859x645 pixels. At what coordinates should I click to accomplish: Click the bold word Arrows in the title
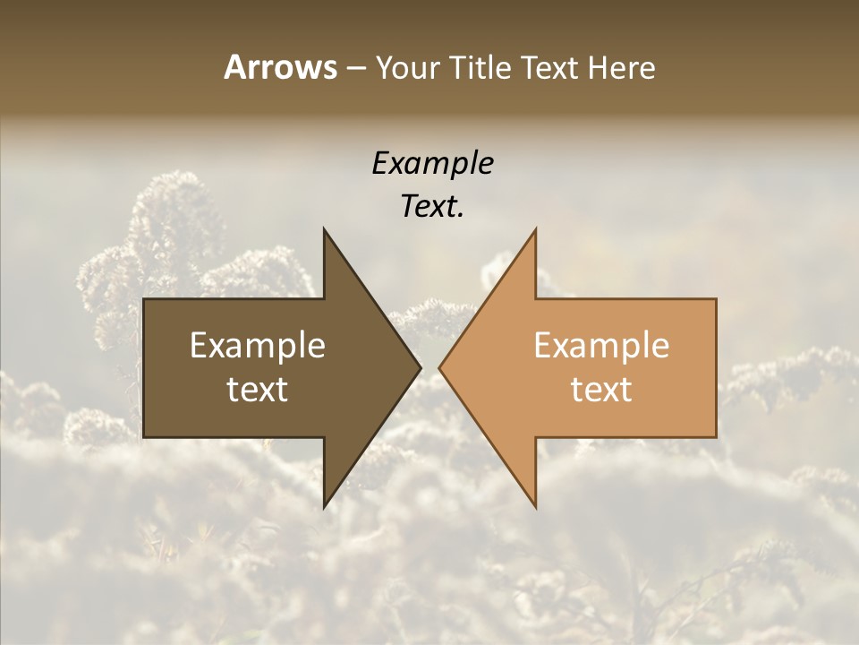point(281,67)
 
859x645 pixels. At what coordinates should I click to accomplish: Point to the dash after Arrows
point(355,68)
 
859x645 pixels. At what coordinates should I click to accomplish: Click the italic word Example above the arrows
point(432,164)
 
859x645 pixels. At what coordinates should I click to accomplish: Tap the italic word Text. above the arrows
point(432,206)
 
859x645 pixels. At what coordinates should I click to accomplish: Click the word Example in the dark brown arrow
point(258,346)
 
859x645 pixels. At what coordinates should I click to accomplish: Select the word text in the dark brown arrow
point(258,390)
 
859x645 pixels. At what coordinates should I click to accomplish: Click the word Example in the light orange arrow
point(601,346)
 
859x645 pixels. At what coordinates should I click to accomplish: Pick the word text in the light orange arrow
point(601,390)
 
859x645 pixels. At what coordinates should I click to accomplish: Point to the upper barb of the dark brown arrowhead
point(325,232)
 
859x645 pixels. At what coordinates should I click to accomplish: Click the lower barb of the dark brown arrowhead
point(325,504)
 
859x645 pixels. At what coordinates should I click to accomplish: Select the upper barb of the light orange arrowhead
point(535,232)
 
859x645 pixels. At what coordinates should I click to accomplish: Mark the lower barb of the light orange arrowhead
point(535,504)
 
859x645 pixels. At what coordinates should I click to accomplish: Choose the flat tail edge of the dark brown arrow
point(145,368)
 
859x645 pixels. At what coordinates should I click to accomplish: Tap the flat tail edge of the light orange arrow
point(715,368)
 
